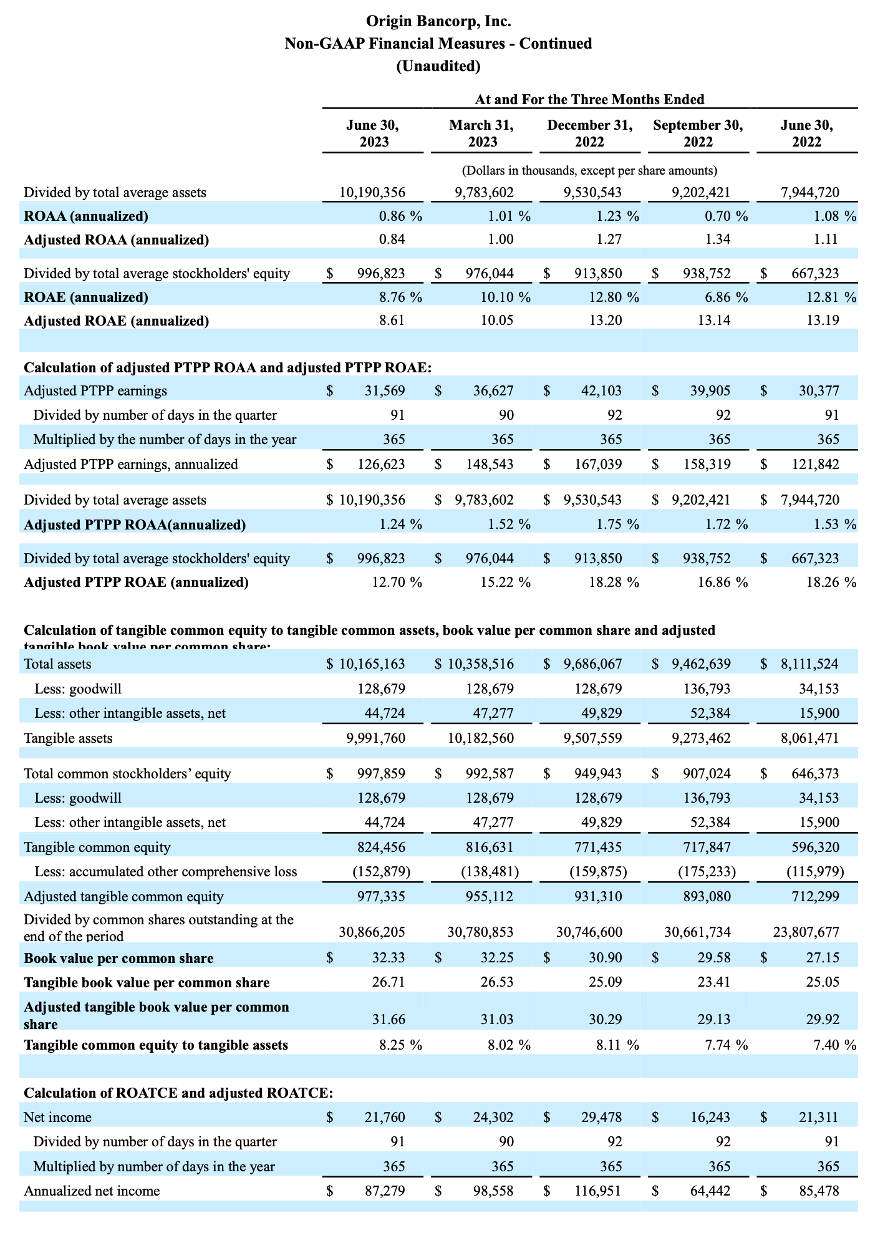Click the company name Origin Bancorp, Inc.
[438, 22]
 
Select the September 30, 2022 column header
[698, 133]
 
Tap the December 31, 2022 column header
[589, 133]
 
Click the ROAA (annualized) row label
[86, 216]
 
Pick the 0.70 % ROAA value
[725, 216]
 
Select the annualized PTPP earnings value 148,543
[493, 465]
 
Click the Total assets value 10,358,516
[481, 664]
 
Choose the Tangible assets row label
[68, 738]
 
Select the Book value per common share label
[118, 959]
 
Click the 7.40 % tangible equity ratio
[834, 1045]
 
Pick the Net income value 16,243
[712, 1118]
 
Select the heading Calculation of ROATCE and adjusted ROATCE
[178, 1093]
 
